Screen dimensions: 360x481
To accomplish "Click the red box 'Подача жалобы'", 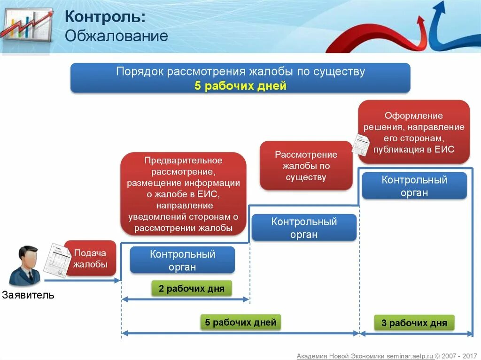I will point(90,259).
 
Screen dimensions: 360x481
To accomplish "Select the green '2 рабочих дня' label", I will point(191,288).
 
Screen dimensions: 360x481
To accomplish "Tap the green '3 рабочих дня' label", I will point(414,323).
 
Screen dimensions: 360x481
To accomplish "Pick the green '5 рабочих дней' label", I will point(240,322).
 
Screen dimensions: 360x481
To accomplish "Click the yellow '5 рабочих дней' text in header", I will point(240,86).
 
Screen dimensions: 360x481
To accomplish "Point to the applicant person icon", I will point(25,266).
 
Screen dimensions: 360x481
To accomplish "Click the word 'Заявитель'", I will point(28,295).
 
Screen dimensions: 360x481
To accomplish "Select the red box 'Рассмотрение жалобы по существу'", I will point(306,166).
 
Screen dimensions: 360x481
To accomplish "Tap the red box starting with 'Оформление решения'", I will point(413,132).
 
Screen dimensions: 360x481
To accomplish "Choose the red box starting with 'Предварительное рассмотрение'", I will point(183,194).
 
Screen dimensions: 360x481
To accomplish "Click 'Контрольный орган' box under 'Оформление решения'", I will point(414,186).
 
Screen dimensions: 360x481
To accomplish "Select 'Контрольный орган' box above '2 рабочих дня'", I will point(182,260).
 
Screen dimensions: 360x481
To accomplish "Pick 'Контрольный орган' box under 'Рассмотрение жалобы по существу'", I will point(304,228).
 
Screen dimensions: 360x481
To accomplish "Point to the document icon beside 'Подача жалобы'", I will point(56,260).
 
